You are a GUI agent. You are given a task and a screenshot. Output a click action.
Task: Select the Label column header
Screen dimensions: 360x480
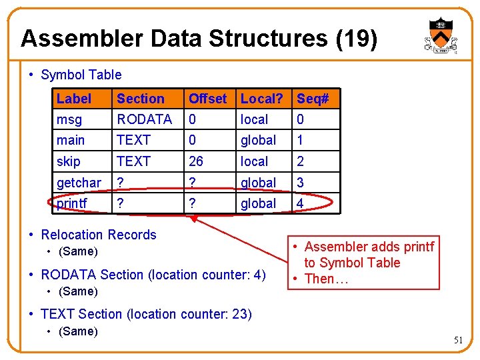[x=73, y=99]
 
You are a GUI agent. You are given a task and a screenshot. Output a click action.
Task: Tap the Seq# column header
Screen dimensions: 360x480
[x=313, y=99]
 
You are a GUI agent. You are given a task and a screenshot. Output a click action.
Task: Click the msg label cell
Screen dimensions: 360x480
[x=69, y=119]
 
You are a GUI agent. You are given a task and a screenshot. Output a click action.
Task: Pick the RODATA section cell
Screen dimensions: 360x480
[x=144, y=119]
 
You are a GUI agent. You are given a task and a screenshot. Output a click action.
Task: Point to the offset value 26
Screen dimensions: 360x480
[x=195, y=161]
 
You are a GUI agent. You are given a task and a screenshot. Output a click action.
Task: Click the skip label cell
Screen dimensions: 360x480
[x=68, y=161]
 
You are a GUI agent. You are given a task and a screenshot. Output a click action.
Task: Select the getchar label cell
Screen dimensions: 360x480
[x=79, y=183]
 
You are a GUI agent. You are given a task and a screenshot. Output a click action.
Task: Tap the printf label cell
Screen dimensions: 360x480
[x=72, y=203]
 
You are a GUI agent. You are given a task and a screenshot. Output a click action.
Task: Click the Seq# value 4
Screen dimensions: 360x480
[x=301, y=203]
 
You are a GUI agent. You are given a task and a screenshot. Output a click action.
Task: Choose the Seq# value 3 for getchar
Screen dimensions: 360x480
[x=301, y=183]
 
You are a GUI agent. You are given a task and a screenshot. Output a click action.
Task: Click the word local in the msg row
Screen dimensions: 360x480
[x=254, y=119]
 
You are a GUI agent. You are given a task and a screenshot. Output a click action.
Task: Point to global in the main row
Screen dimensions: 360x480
[x=258, y=140]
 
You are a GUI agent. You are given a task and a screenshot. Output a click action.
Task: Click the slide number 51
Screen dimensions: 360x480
[x=458, y=340]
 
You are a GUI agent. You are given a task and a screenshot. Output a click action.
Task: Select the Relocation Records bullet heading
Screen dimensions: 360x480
[x=98, y=235]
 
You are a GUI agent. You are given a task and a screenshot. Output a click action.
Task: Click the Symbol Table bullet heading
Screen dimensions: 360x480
[x=81, y=75]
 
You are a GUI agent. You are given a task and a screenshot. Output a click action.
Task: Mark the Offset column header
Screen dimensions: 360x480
[x=207, y=99]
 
